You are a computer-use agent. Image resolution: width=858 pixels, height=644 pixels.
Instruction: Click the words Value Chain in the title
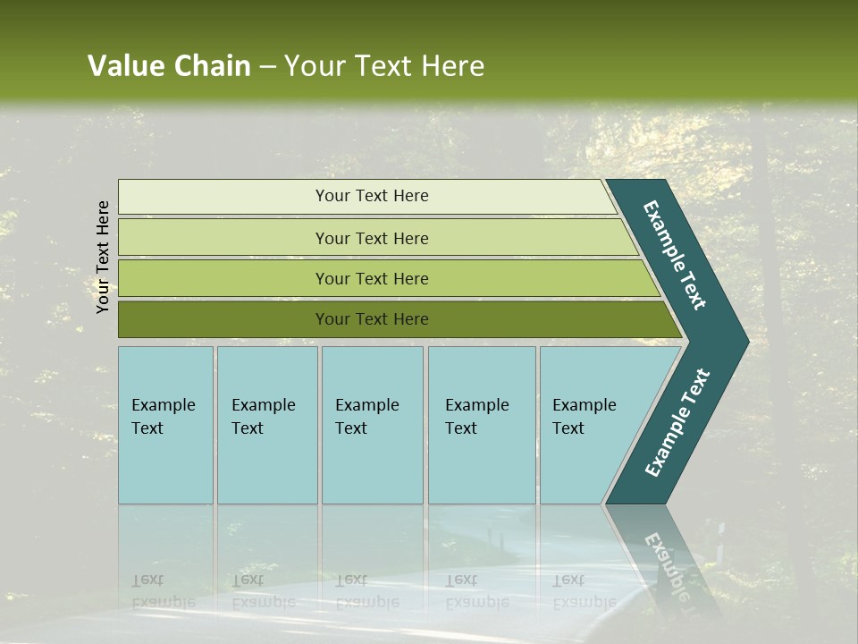pyautogui.click(x=169, y=66)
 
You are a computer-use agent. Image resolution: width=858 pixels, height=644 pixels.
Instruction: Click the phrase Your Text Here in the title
pyautogui.click(x=384, y=66)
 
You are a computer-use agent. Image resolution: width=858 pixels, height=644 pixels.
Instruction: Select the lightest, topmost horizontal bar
pyautogui.click(x=223, y=197)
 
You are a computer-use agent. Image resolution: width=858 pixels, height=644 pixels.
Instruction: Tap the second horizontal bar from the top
pyautogui.click(x=223, y=238)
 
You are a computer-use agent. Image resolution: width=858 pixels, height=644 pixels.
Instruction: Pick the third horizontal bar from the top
pyautogui.click(x=223, y=278)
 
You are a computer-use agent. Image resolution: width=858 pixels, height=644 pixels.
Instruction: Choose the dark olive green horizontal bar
pyautogui.click(x=223, y=319)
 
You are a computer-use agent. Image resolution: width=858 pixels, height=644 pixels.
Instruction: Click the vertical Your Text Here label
pyautogui.click(x=103, y=257)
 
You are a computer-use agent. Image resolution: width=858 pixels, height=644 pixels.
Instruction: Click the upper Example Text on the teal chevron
pyautogui.click(x=675, y=255)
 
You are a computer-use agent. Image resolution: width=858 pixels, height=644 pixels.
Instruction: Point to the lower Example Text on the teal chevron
pyautogui.click(x=677, y=423)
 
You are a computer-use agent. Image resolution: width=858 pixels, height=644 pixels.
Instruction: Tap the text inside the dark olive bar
pyautogui.click(x=372, y=319)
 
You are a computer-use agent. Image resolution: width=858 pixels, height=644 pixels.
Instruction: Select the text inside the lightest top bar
pyautogui.click(x=372, y=196)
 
